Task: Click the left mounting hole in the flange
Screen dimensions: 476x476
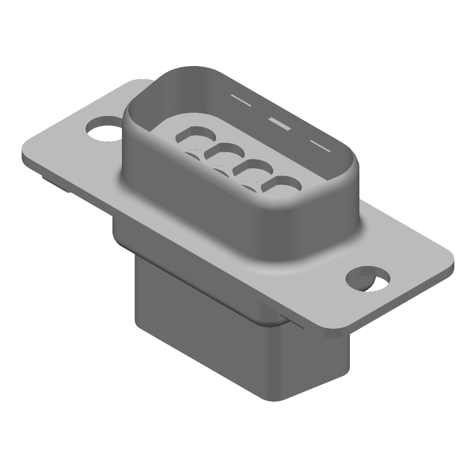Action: point(103,129)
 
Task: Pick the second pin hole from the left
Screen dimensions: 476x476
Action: point(221,152)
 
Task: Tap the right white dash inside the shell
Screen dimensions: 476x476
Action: point(320,146)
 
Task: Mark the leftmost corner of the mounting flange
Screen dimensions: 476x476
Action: point(24,156)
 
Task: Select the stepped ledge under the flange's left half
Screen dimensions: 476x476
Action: point(119,229)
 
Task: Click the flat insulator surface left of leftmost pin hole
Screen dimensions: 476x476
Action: point(164,128)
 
